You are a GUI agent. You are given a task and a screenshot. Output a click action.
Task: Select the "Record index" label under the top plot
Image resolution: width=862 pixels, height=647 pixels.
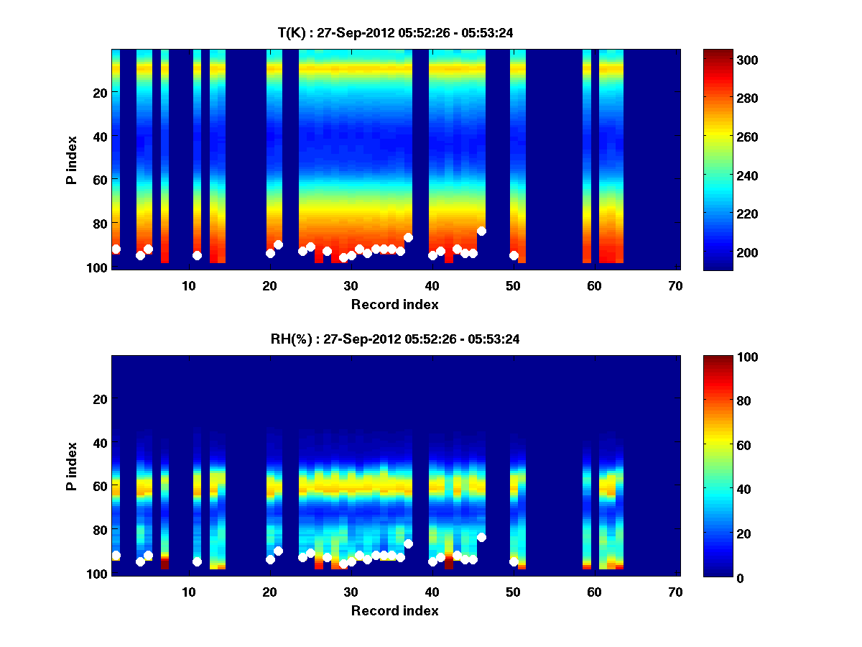(x=394, y=304)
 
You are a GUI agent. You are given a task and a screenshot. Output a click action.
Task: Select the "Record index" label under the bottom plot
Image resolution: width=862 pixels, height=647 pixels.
(x=394, y=610)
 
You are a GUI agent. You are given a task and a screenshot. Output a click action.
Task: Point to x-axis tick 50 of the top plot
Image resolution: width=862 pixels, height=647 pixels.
(x=513, y=285)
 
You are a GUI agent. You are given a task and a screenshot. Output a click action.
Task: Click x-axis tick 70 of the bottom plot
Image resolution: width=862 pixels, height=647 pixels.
(x=675, y=592)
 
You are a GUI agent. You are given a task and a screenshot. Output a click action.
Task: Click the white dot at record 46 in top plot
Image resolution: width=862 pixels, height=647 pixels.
(x=481, y=231)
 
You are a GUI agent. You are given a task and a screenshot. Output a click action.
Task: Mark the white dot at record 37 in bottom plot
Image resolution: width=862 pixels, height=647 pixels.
(x=408, y=544)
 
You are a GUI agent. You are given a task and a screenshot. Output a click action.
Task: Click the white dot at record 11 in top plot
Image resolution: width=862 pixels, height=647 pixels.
(x=197, y=255)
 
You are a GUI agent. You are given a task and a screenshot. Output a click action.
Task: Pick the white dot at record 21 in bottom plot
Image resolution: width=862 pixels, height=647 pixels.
(x=278, y=551)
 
